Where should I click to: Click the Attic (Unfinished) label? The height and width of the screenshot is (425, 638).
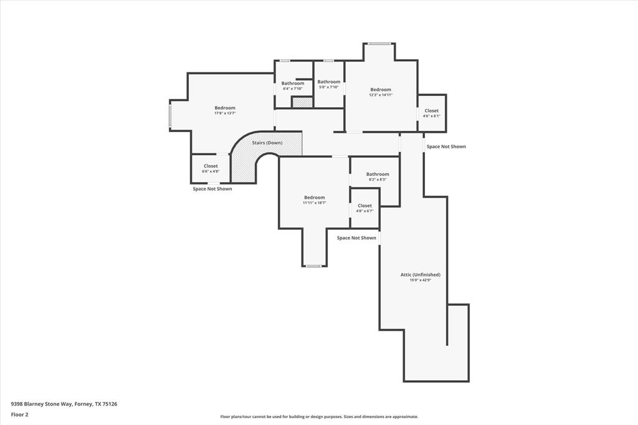click(420, 275)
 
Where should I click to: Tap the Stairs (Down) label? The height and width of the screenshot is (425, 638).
click(267, 143)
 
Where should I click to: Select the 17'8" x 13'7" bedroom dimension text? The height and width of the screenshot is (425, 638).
click(225, 113)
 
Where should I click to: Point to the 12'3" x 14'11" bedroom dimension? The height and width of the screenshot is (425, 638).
click(381, 95)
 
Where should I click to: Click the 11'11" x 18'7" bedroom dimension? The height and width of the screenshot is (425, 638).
click(315, 203)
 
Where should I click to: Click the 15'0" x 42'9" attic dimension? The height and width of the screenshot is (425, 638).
click(420, 280)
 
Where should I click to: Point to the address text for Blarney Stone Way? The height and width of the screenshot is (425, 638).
click(64, 404)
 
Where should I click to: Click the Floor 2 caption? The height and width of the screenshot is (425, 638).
click(19, 414)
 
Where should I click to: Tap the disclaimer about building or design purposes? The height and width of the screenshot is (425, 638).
click(319, 417)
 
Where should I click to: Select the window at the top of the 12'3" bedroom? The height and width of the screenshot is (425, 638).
click(379, 44)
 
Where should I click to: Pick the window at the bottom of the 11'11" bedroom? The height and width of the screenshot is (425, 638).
click(313, 266)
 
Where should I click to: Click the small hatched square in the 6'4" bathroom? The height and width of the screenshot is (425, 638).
click(302, 102)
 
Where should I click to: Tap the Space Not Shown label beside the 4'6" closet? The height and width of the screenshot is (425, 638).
click(446, 146)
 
